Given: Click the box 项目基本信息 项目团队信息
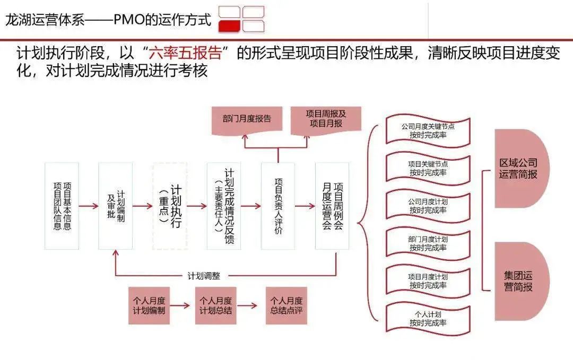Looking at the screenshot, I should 62,206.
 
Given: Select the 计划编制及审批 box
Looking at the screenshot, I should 116,206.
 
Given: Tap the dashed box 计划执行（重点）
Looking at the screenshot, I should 170,206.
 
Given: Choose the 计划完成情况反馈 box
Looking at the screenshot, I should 224,206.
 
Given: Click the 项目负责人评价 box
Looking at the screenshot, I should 278,206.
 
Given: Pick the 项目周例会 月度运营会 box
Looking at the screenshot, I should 333,206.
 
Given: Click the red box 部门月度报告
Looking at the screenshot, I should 247,119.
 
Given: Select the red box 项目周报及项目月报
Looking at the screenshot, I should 326,119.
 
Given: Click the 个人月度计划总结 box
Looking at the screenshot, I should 215,305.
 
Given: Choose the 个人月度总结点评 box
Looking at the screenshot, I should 286,305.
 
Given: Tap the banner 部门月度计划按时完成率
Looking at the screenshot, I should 428,243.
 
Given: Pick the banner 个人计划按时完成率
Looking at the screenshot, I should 428,318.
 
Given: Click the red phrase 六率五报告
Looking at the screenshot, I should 184,54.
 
